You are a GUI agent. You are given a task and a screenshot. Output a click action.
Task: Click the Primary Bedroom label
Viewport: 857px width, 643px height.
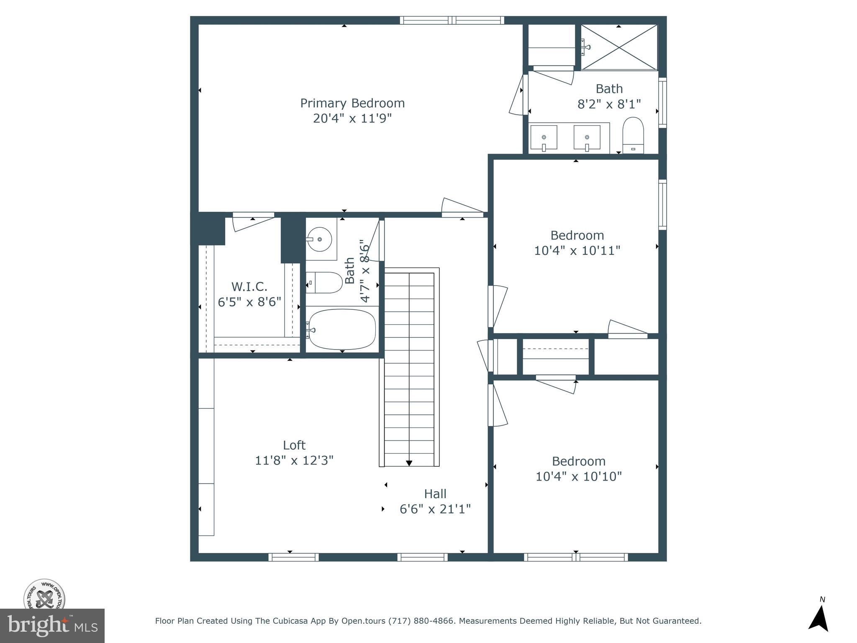click(x=352, y=103)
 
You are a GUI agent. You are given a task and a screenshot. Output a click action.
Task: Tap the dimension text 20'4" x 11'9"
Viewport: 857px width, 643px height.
click(x=352, y=118)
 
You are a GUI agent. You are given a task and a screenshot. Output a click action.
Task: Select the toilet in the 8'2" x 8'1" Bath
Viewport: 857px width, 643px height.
click(x=632, y=135)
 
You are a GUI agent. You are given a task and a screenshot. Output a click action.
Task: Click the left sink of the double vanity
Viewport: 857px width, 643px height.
click(x=544, y=137)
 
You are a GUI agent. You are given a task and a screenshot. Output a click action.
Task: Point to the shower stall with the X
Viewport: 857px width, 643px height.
click(x=619, y=47)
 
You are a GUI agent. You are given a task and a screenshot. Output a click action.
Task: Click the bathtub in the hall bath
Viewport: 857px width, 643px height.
click(x=342, y=329)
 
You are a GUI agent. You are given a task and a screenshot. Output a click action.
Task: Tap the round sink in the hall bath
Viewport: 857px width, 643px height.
click(x=319, y=239)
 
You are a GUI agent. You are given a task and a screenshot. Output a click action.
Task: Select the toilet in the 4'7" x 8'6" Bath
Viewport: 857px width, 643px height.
click(x=324, y=283)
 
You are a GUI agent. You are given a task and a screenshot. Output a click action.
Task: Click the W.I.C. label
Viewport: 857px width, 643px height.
click(x=249, y=287)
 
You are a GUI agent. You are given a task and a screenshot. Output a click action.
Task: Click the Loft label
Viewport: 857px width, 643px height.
click(x=294, y=445)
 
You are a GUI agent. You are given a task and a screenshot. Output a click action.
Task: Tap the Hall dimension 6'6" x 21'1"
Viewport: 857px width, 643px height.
click(x=435, y=509)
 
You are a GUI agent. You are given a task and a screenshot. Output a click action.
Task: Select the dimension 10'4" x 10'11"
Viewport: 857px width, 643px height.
click(x=577, y=250)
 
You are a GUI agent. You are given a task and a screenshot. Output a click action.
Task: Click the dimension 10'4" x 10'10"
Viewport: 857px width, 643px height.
click(x=579, y=476)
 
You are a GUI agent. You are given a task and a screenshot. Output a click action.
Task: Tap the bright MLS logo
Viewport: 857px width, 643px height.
click(x=52, y=625)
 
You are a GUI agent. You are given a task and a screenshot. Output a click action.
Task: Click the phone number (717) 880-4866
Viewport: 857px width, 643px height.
click(x=421, y=621)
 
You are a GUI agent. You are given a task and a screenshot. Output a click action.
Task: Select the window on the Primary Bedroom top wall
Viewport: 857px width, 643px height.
click(x=452, y=20)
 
